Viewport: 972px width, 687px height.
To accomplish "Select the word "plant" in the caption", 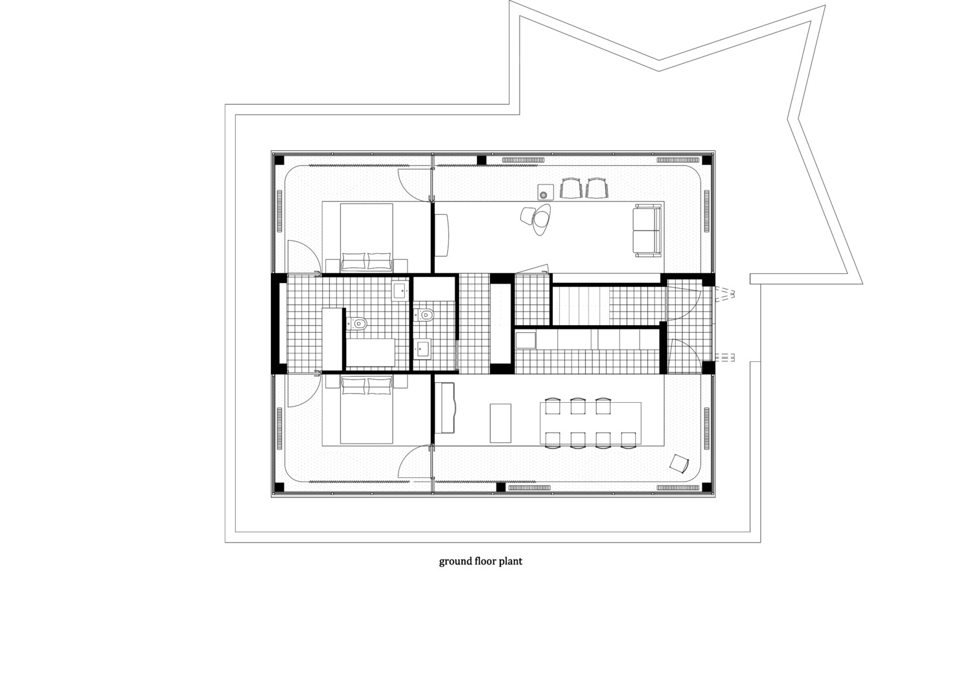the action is [511, 561].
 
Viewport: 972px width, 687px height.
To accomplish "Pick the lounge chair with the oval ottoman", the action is [537, 220].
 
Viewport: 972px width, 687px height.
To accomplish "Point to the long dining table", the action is [590, 423].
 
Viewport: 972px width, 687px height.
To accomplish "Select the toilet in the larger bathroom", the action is [357, 322].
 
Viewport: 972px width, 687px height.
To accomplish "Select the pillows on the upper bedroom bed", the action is [367, 261].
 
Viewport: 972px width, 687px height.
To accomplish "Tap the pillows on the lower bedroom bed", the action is [367, 386].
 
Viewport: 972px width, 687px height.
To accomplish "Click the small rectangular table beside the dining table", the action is [500, 423].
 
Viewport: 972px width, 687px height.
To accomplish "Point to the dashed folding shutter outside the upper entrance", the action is [723, 294].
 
